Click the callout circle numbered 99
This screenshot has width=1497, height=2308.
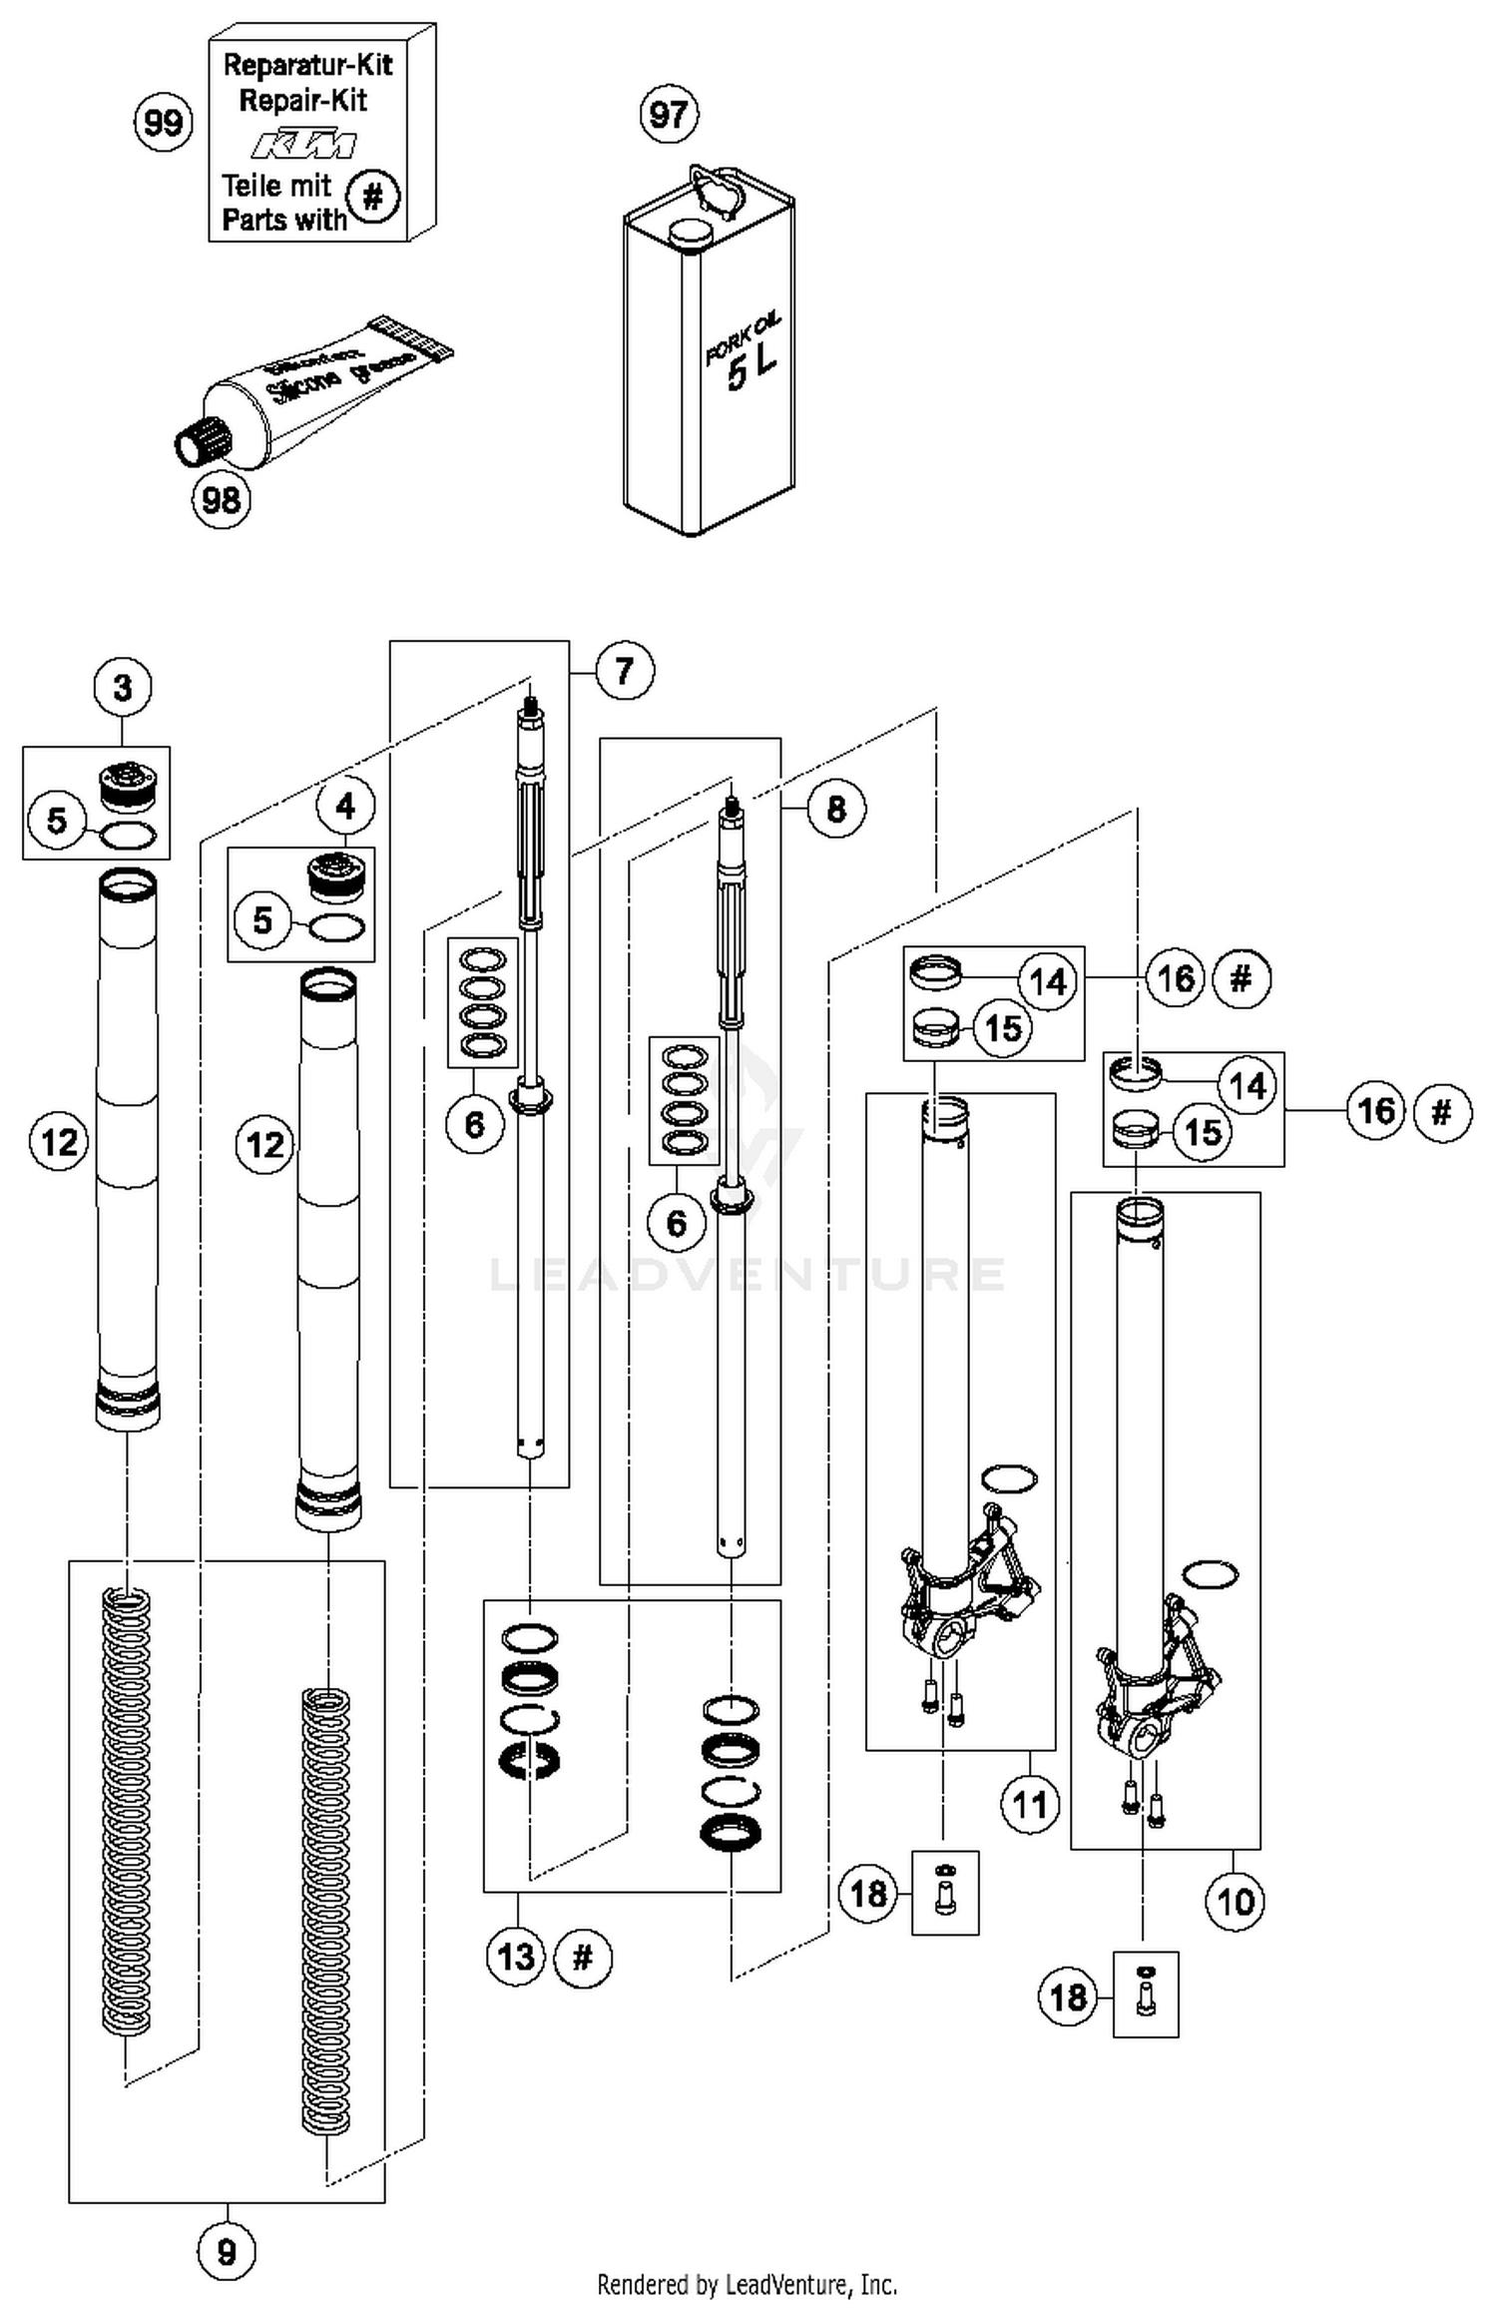163,123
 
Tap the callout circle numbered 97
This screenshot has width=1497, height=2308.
668,115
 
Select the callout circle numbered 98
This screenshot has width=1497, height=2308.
221,499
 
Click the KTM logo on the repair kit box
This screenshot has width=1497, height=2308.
302,146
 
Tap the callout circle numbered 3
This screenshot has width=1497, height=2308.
123,688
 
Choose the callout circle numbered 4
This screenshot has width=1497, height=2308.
345,806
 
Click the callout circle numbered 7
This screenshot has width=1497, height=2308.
625,670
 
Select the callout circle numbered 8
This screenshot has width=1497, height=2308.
836,808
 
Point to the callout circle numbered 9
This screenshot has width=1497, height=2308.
227,2252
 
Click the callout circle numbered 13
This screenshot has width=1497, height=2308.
516,1957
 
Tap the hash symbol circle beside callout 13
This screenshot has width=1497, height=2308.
583,1957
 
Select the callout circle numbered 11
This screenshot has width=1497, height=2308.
1030,1804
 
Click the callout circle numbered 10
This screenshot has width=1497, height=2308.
1236,1902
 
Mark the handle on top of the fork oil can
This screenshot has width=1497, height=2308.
718,190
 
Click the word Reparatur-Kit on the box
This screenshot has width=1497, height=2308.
307,65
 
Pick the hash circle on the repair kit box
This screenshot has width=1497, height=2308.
372,197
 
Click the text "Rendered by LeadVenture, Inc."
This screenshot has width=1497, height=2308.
747,2284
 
